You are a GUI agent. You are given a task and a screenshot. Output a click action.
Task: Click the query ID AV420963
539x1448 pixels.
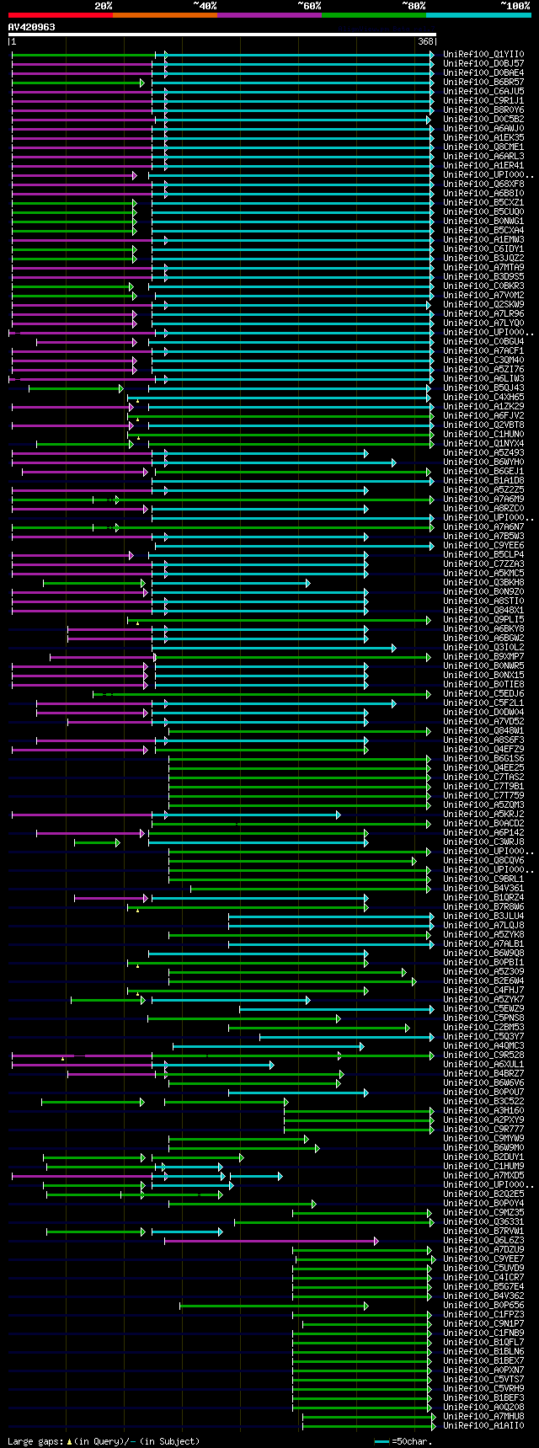[x=32, y=27]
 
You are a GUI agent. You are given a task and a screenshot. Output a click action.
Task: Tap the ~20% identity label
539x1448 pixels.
[x=103, y=5]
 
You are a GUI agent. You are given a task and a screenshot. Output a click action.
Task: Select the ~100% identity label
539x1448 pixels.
[x=515, y=5]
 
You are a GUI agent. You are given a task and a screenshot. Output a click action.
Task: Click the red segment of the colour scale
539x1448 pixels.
[x=60, y=15]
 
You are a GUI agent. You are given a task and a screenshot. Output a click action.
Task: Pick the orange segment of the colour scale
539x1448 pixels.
[x=164, y=15]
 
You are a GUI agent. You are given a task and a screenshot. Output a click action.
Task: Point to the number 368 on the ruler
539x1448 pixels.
[x=425, y=41]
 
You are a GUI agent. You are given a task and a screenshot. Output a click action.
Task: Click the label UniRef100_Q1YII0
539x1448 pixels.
[x=483, y=55]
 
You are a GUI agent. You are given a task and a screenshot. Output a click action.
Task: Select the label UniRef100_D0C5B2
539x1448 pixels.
[x=483, y=120]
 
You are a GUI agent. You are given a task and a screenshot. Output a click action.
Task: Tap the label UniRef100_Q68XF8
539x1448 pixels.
[x=483, y=184]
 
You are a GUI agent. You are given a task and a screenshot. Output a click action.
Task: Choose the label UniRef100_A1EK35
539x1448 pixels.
[x=483, y=138]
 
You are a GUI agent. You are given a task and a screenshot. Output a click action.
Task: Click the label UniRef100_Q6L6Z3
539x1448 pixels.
[x=483, y=1241]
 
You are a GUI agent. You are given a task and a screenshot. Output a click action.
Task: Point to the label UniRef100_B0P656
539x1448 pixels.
[x=483, y=1306]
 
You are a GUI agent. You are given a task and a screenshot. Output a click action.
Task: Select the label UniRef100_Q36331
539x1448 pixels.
[x=483, y=1222]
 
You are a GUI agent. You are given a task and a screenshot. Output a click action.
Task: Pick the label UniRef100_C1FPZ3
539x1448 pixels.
[x=483, y=1315]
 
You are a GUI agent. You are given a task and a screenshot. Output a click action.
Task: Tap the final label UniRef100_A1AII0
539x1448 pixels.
[x=483, y=1426]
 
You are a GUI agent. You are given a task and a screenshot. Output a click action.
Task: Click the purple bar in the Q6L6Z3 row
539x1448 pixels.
[x=269, y=1241]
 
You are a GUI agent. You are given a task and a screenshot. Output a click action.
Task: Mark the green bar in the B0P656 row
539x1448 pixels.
[x=273, y=1306]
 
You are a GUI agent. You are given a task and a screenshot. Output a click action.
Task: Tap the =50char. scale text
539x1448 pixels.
[x=412, y=1441]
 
